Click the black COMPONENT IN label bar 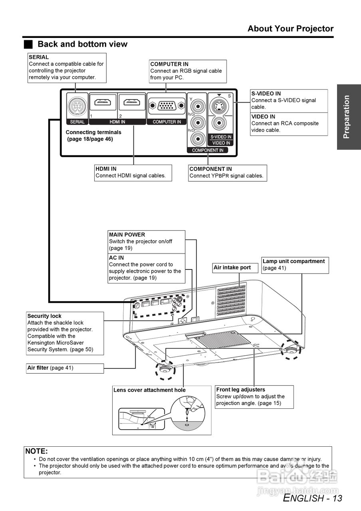pos(208,151)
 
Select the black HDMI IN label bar pos(117,122)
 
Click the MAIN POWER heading pos(127,235)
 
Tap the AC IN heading pos(116,258)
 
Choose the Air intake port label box pos(232,268)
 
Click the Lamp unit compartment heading pos(294,261)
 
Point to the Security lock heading pos(44,316)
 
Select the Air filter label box pos(65,368)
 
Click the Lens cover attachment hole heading pos(149,390)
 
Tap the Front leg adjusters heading pos(240,390)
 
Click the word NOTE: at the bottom pos(36,452)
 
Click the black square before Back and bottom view pos(28,44)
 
